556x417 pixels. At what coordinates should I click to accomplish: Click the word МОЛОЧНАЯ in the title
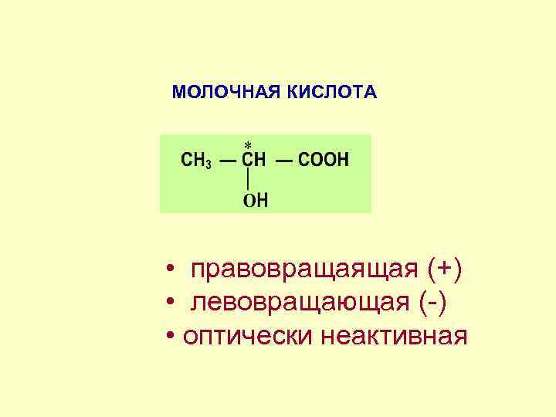click(227, 93)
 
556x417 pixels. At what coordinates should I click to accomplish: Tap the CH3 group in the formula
click(195, 161)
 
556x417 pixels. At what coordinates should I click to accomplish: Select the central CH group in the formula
click(254, 161)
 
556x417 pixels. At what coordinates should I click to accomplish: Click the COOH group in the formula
click(323, 161)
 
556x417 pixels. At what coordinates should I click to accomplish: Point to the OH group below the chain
click(256, 200)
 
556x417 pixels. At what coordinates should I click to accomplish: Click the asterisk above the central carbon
click(248, 145)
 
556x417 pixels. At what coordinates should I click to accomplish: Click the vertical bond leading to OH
click(247, 181)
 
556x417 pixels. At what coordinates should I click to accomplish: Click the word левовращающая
click(300, 303)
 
